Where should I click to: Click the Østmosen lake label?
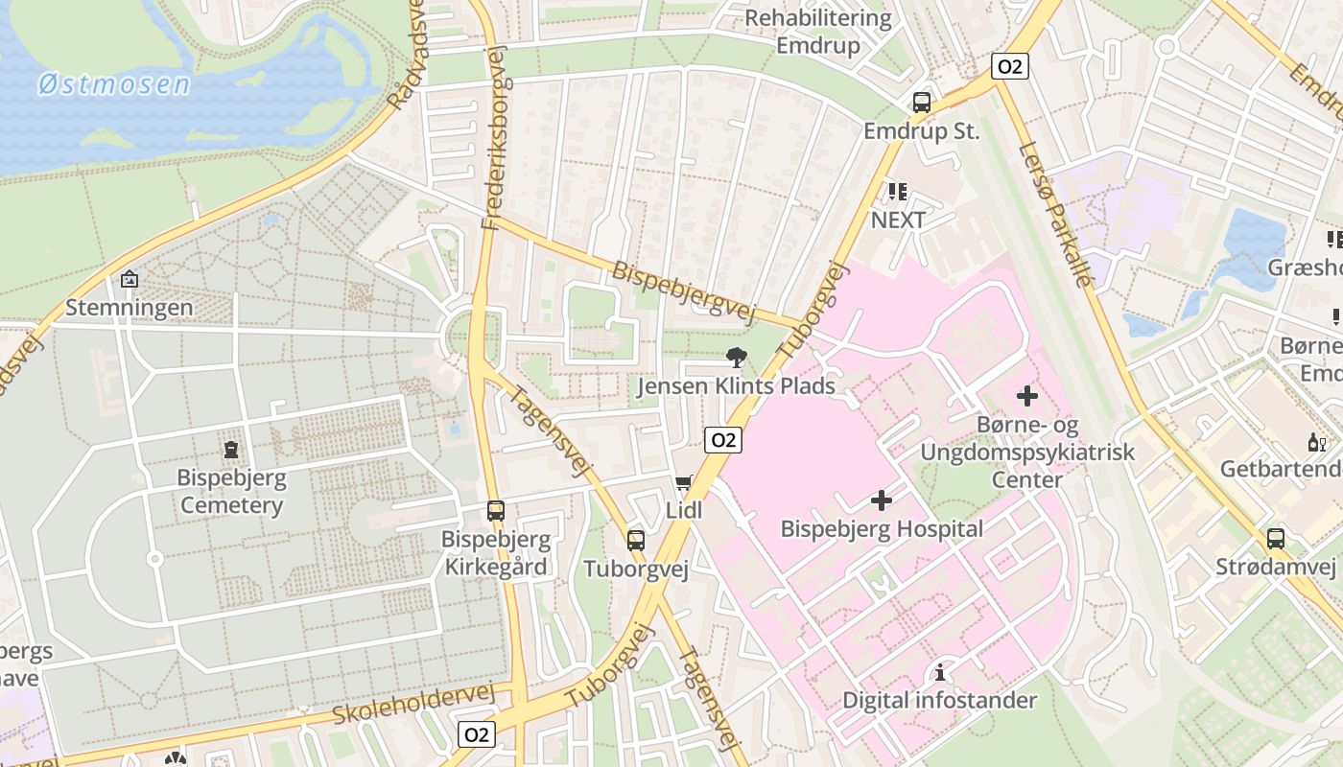tap(114, 84)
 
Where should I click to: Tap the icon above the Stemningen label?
tap(130, 279)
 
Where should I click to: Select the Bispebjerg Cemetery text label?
tap(230, 491)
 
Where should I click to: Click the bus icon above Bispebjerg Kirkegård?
tap(495, 511)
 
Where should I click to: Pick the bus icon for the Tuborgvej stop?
tap(635, 540)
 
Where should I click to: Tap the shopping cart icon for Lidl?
tap(684, 482)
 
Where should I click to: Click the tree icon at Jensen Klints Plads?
tap(737, 359)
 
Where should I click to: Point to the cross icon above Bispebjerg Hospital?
tap(881, 500)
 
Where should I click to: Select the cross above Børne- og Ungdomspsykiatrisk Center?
tap(1026, 395)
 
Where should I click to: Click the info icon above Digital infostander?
tap(939, 671)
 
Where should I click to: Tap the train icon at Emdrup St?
tap(921, 102)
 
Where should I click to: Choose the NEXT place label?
tap(898, 220)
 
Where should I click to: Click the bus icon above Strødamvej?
tap(1275, 539)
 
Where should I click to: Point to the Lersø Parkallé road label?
tap(1056, 214)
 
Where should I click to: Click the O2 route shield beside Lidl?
tap(723, 440)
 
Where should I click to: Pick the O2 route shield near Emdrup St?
tap(1009, 66)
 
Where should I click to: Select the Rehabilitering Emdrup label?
tap(818, 32)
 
